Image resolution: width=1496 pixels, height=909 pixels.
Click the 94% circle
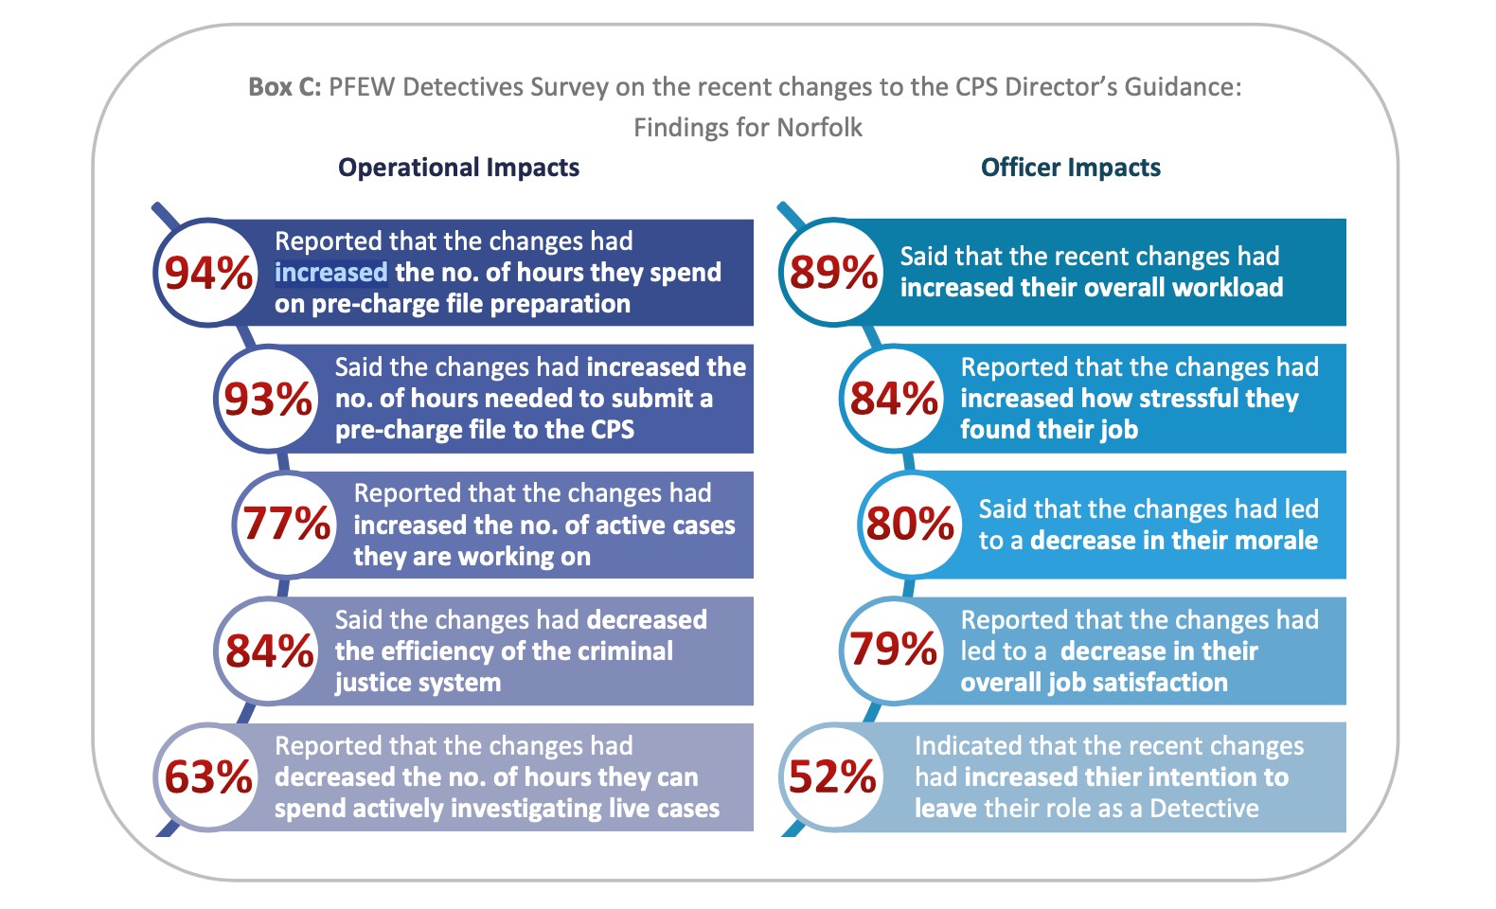coord(207,273)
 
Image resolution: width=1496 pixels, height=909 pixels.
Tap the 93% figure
coord(268,399)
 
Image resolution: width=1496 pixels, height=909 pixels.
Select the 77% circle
coord(286,524)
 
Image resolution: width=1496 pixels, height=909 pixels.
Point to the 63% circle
coord(207,777)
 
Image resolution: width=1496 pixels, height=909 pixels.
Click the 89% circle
coord(833,273)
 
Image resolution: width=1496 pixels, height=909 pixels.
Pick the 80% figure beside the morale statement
coord(909,524)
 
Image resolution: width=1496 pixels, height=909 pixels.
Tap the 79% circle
coord(893,650)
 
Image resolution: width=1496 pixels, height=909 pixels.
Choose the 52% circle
coord(832,777)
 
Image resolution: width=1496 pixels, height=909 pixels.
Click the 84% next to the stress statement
coord(893,399)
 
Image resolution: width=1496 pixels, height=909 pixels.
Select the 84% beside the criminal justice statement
coord(269,651)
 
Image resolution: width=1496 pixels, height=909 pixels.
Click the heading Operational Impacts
coord(458,168)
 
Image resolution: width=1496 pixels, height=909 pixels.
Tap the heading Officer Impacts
coord(1070,168)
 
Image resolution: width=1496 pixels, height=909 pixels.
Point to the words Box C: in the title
coord(284,87)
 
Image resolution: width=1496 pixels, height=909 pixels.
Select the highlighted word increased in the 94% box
coord(330,273)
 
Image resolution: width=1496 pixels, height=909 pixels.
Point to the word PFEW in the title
coord(362,87)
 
